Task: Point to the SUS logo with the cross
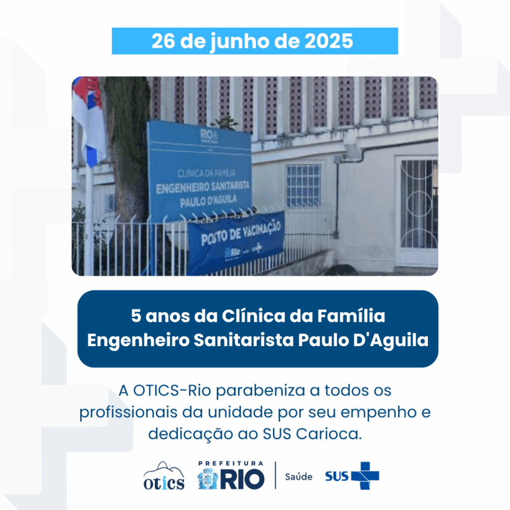pos(352,476)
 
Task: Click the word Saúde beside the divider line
pos(299,477)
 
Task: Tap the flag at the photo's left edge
pos(88,120)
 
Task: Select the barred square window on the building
pos(303,185)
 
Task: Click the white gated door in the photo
pos(418,209)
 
